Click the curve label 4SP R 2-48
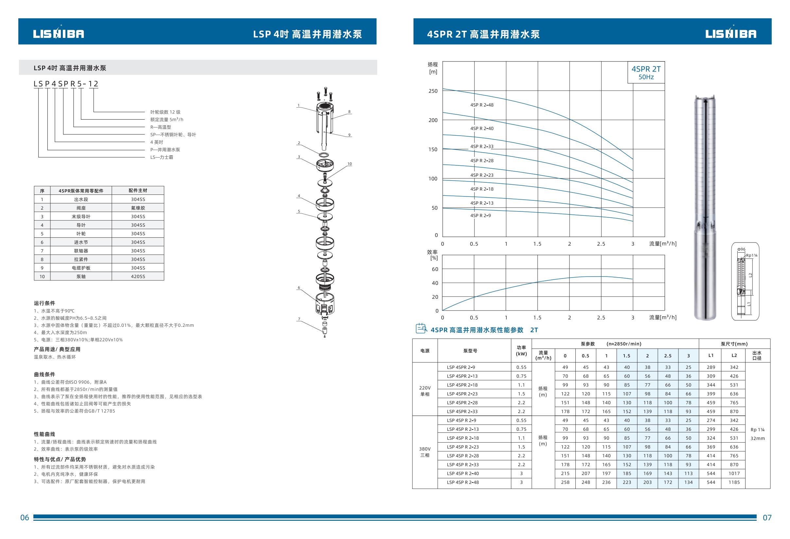point(482,105)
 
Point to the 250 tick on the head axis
point(433,91)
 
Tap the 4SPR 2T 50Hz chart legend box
point(646,72)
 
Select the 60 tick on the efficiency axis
point(435,269)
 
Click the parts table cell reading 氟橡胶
point(138,208)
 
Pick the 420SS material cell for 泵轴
point(138,277)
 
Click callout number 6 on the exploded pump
point(299,288)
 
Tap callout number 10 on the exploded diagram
point(349,164)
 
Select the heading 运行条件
point(44,303)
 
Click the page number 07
point(767,518)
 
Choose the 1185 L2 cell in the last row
point(734,482)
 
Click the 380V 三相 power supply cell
point(425,452)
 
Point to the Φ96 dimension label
point(741,249)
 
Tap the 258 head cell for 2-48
point(565,482)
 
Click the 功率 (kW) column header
point(521,350)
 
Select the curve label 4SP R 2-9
point(480,215)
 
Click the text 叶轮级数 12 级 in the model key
point(165,112)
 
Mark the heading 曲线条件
point(44,374)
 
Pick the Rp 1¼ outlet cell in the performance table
point(757,430)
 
